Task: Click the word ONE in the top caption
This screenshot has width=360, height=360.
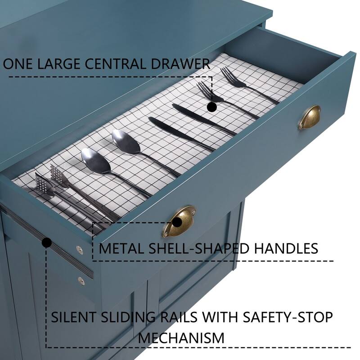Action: (x=18, y=64)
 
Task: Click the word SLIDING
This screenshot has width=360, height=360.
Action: (x=128, y=317)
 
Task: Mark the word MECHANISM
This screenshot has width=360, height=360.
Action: (x=181, y=338)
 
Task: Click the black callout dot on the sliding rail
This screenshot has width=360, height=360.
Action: (x=47, y=243)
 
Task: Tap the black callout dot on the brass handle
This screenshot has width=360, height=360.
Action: (x=177, y=222)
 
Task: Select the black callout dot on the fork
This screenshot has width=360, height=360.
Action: (x=211, y=107)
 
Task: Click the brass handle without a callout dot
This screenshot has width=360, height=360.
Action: (x=310, y=117)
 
